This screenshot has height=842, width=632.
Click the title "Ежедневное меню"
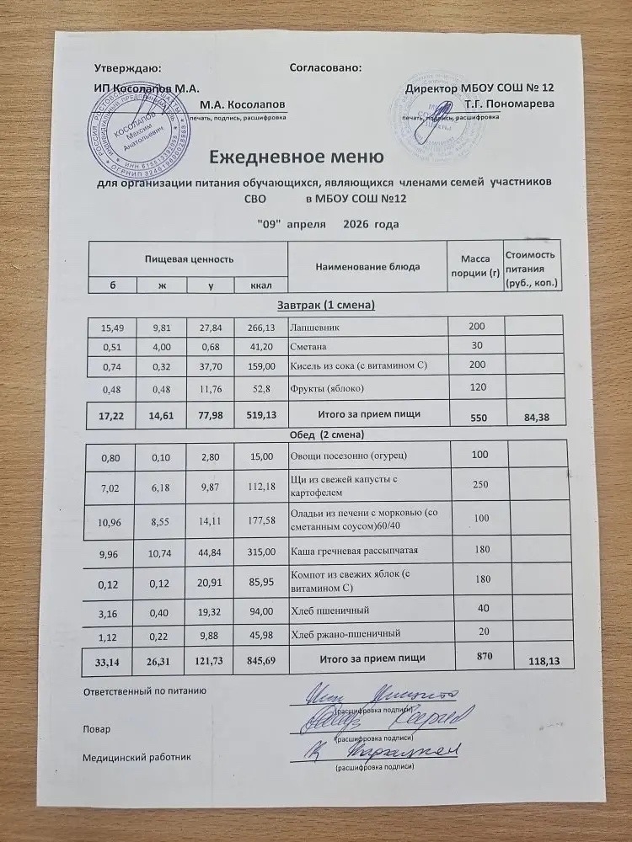297,157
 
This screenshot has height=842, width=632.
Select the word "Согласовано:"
325,67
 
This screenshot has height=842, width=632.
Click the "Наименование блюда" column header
367,267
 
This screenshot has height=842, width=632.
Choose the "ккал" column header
262,286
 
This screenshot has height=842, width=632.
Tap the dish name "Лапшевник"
314,327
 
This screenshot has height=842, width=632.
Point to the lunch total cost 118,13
538,662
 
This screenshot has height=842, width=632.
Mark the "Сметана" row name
309,346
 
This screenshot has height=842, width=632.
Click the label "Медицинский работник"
137,757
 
